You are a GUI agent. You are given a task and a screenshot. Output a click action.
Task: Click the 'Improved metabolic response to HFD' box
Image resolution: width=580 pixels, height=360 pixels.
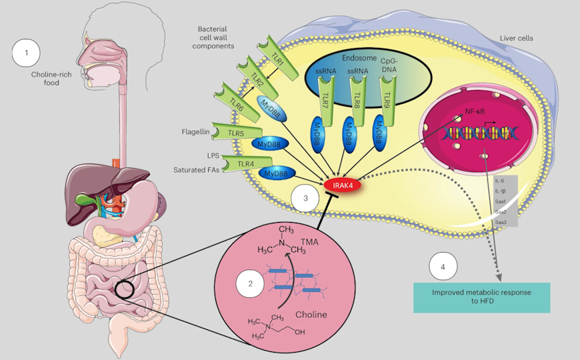coord(481,297)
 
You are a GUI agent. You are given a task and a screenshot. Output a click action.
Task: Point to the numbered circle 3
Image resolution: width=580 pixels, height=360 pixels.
coord(305,198)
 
